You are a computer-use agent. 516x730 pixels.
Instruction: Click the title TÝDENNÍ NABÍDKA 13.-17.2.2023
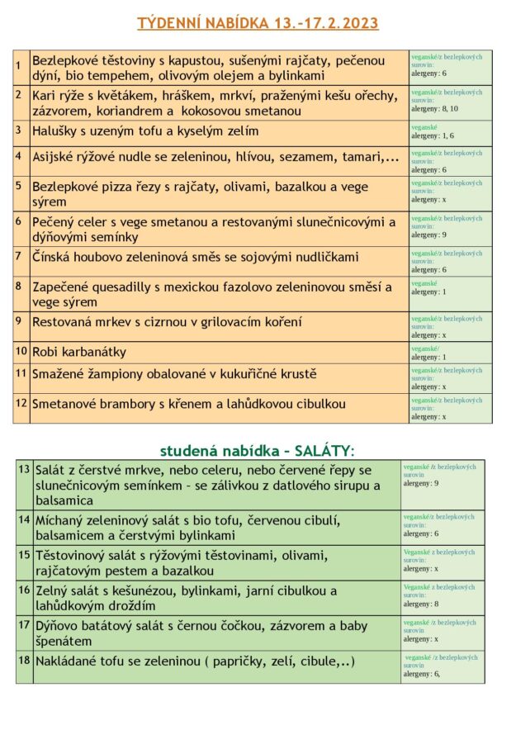pyautogui.click(x=257, y=22)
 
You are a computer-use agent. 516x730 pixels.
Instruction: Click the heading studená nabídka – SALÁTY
pyautogui.click(x=257, y=450)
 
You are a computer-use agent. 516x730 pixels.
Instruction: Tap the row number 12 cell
pyautogui.click(x=21, y=404)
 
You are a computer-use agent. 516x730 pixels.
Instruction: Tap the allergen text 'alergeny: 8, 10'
pyautogui.click(x=434, y=108)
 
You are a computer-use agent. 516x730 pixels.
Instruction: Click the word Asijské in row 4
pyautogui.click(x=57, y=156)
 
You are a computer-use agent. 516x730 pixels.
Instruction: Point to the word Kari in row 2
pyautogui.click(x=44, y=96)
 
